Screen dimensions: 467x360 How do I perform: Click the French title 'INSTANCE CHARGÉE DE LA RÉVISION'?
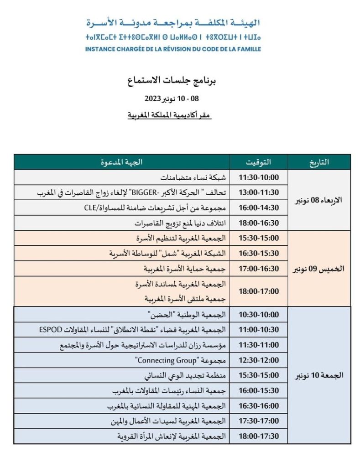pos(173,49)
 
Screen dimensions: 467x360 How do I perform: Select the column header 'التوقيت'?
pos(258,162)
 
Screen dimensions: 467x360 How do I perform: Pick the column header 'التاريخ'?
pos(319,162)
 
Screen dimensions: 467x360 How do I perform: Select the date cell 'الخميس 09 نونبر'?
pos(318,269)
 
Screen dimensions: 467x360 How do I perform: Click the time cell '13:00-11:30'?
pos(259,192)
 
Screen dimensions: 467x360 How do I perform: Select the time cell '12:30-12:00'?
pos(259,360)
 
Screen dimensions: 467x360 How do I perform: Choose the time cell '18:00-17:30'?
pos(259,436)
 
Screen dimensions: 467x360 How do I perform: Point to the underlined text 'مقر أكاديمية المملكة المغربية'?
pos(169,116)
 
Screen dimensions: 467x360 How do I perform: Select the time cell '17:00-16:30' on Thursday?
pos(259,269)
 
